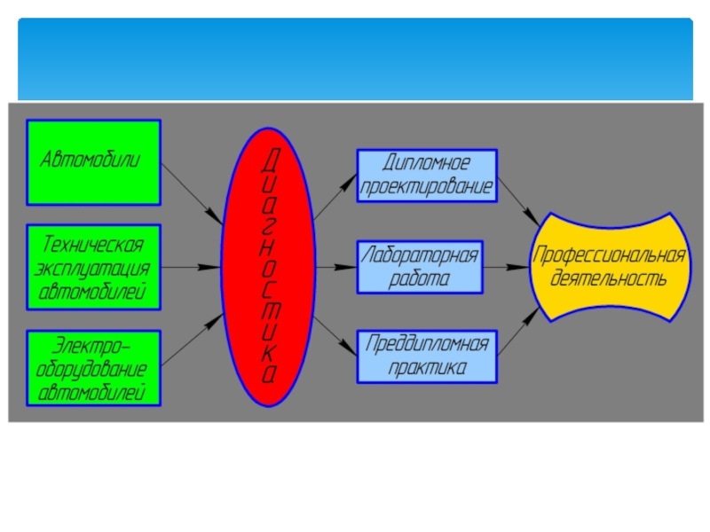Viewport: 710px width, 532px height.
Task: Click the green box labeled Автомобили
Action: pyautogui.click(x=94, y=161)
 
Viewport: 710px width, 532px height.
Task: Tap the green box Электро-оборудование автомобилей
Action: pyautogui.click(x=94, y=368)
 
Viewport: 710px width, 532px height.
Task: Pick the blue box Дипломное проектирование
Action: pyautogui.click(x=427, y=176)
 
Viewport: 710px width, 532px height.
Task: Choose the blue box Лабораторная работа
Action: pyautogui.click(x=420, y=267)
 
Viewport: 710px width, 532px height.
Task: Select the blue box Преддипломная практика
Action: pyautogui.click(x=427, y=356)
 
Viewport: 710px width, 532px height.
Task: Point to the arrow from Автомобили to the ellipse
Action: pyautogui.click(x=192, y=192)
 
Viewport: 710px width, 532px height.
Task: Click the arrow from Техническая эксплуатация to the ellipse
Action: pyautogui.click(x=192, y=266)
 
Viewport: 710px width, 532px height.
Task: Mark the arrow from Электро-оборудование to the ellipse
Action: pyautogui.click(x=192, y=339)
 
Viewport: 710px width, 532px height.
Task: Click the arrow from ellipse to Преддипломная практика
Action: pyautogui.click(x=335, y=337)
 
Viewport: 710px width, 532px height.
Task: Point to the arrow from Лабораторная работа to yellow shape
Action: pyautogui.click(x=506, y=266)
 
